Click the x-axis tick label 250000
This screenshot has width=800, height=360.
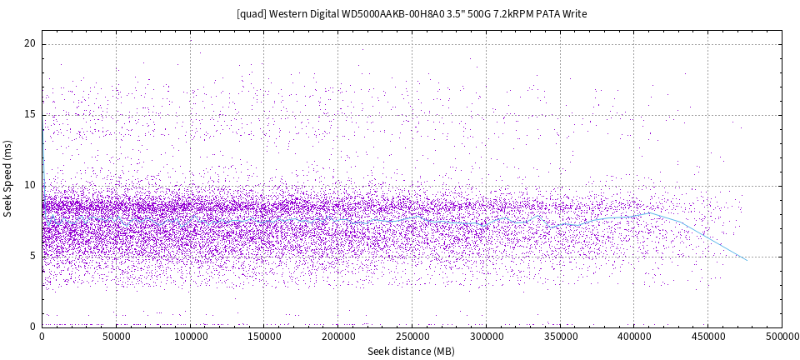pyautogui.click(x=412, y=337)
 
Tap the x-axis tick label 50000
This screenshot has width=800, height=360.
pyautogui.click(x=116, y=337)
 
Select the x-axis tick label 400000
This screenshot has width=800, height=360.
pyautogui.click(x=633, y=337)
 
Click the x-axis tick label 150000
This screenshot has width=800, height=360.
pyautogui.click(x=264, y=337)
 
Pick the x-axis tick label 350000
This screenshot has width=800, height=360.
pyautogui.click(x=559, y=337)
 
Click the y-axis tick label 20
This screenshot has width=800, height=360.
pyautogui.click(x=30, y=44)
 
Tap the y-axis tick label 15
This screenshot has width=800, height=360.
pyautogui.click(x=30, y=115)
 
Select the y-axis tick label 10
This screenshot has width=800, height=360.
pyautogui.click(x=30, y=186)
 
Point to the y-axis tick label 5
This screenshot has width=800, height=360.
pyautogui.click(x=32, y=256)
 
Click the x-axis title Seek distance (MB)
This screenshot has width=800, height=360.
pyautogui.click(x=412, y=351)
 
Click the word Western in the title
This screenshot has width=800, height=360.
pyautogui.click(x=290, y=14)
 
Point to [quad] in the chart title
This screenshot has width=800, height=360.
pyautogui.click(x=252, y=14)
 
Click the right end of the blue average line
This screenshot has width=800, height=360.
pyautogui.click(x=747, y=260)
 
